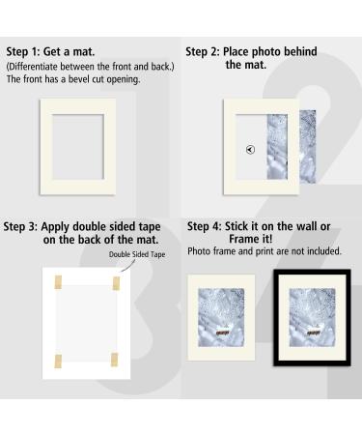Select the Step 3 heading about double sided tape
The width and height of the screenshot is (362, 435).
point(84,232)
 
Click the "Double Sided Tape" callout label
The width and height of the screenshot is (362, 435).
point(139,253)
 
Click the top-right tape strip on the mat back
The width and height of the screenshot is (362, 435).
point(116,282)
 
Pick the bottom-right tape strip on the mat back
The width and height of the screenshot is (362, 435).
point(116,362)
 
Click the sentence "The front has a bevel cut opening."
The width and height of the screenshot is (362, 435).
point(73,79)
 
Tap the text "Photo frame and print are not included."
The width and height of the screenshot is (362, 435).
point(264,251)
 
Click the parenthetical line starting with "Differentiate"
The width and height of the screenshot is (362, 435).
point(88,66)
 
